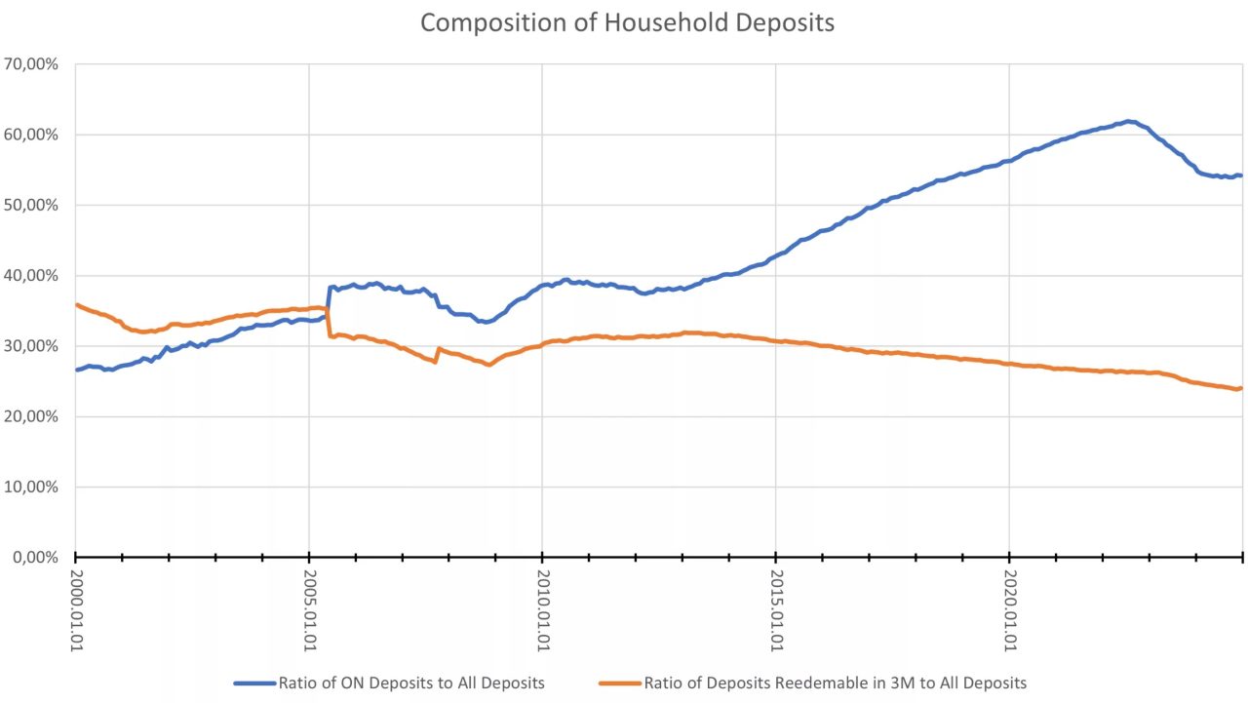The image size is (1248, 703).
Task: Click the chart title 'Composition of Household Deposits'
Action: click(x=627, y=22)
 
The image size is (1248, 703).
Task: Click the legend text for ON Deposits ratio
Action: click(x=411, y=683)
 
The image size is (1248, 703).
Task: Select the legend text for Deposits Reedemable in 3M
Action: click(x=835, y=683)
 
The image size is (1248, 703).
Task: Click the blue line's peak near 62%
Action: click(x=1128, y=122)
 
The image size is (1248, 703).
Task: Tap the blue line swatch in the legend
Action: click(x=254, y=683)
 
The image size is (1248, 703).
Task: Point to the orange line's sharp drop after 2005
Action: click(x=329, y=323)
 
